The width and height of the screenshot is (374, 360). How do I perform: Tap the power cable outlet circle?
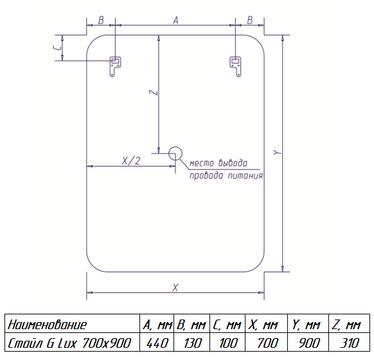point(175,153)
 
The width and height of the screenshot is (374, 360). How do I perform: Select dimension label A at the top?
point(175,21)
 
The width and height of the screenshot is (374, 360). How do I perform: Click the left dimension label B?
point(101,21)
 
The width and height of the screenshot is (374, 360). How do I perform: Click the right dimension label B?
point(250,21)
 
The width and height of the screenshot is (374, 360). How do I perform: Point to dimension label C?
point(57,48)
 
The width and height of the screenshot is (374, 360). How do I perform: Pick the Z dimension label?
point(154,93)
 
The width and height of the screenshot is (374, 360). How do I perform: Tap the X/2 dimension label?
point(131,161)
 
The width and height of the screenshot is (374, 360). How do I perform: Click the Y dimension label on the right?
point(278,152)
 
